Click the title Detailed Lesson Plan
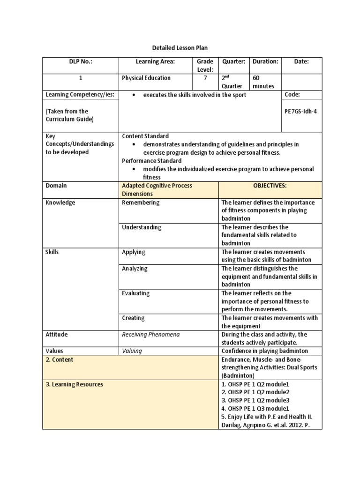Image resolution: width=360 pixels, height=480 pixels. (180, 48)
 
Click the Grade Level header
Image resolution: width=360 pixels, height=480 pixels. (205, 66)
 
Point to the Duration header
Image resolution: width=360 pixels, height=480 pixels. (265, 61)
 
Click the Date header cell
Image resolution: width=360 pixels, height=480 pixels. (301, 61)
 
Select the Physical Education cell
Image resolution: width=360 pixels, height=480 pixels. (146, 78)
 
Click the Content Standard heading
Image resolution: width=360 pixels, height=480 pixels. (145, 136)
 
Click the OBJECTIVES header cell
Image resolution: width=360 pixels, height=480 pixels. (270, 186)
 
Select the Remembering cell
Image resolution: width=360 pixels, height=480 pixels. (141, 202)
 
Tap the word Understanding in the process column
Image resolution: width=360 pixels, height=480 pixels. (142, 227)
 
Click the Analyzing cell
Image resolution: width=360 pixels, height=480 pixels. (135, 269)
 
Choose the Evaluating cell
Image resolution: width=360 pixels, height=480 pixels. (135, 293)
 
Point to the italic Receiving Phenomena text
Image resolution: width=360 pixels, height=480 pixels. (150, 335)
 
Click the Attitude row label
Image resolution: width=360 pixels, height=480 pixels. (56, 335)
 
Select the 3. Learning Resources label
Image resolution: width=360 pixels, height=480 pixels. (75, 384)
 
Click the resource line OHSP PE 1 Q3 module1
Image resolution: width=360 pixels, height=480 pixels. (255, 409)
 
